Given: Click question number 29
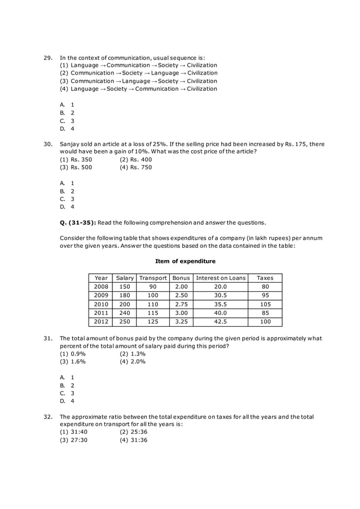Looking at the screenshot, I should point(48,57).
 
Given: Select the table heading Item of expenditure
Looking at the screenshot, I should point(185,261).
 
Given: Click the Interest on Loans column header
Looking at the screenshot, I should point(220,278).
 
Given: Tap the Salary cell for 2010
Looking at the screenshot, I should point(124,304).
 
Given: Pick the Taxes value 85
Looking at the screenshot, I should point(265,313).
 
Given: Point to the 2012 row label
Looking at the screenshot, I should point(101,322).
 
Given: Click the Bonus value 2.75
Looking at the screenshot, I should point(181,304).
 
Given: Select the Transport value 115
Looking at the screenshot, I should point(153,313).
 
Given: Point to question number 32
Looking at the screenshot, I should point(48,416).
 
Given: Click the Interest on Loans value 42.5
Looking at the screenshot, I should point(220,322).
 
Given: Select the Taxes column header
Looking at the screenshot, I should point(265,278).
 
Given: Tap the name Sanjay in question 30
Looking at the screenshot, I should point(71,144).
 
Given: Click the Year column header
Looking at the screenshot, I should point(101,278).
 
